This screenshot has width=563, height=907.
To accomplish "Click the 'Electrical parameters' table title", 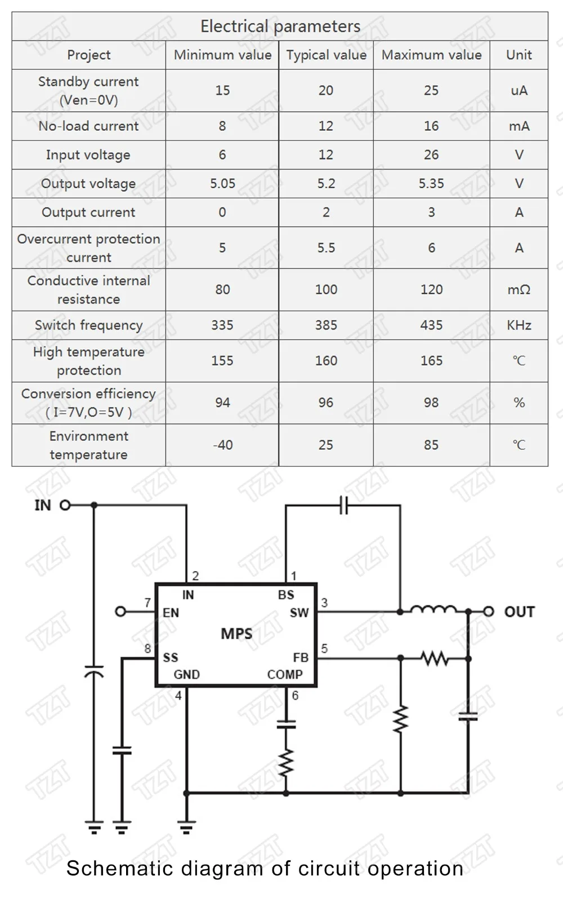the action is point(280,26).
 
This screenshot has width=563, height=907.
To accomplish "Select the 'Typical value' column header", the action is point(327,55).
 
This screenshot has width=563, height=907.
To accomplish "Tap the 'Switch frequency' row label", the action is point(88,325).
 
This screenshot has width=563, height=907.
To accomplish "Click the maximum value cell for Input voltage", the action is point(431,154).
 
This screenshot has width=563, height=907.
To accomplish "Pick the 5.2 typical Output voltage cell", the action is point(326,183).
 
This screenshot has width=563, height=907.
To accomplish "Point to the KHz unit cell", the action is point(519,325).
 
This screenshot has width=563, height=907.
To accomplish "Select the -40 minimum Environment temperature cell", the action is point(222,445).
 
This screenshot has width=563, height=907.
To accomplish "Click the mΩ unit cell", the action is point(519,290).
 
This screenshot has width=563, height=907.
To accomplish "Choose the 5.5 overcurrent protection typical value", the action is point(326,247).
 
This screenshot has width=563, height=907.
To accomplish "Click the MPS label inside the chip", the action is point(236,634).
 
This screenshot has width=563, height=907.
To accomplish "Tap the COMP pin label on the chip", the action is point(285,675).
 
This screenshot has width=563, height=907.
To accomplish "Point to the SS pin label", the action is point(170,658).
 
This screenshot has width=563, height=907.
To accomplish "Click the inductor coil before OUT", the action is point(434,610).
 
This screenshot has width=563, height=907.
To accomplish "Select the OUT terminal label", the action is point(519,612).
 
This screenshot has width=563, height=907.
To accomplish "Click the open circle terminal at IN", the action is point(65,505).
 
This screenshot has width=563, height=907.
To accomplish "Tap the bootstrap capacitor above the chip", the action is point(344,505).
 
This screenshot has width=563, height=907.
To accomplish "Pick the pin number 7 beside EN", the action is point(148,603).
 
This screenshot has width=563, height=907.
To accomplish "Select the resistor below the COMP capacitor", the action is point(286,763).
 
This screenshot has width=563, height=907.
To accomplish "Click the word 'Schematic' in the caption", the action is point(120,868).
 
